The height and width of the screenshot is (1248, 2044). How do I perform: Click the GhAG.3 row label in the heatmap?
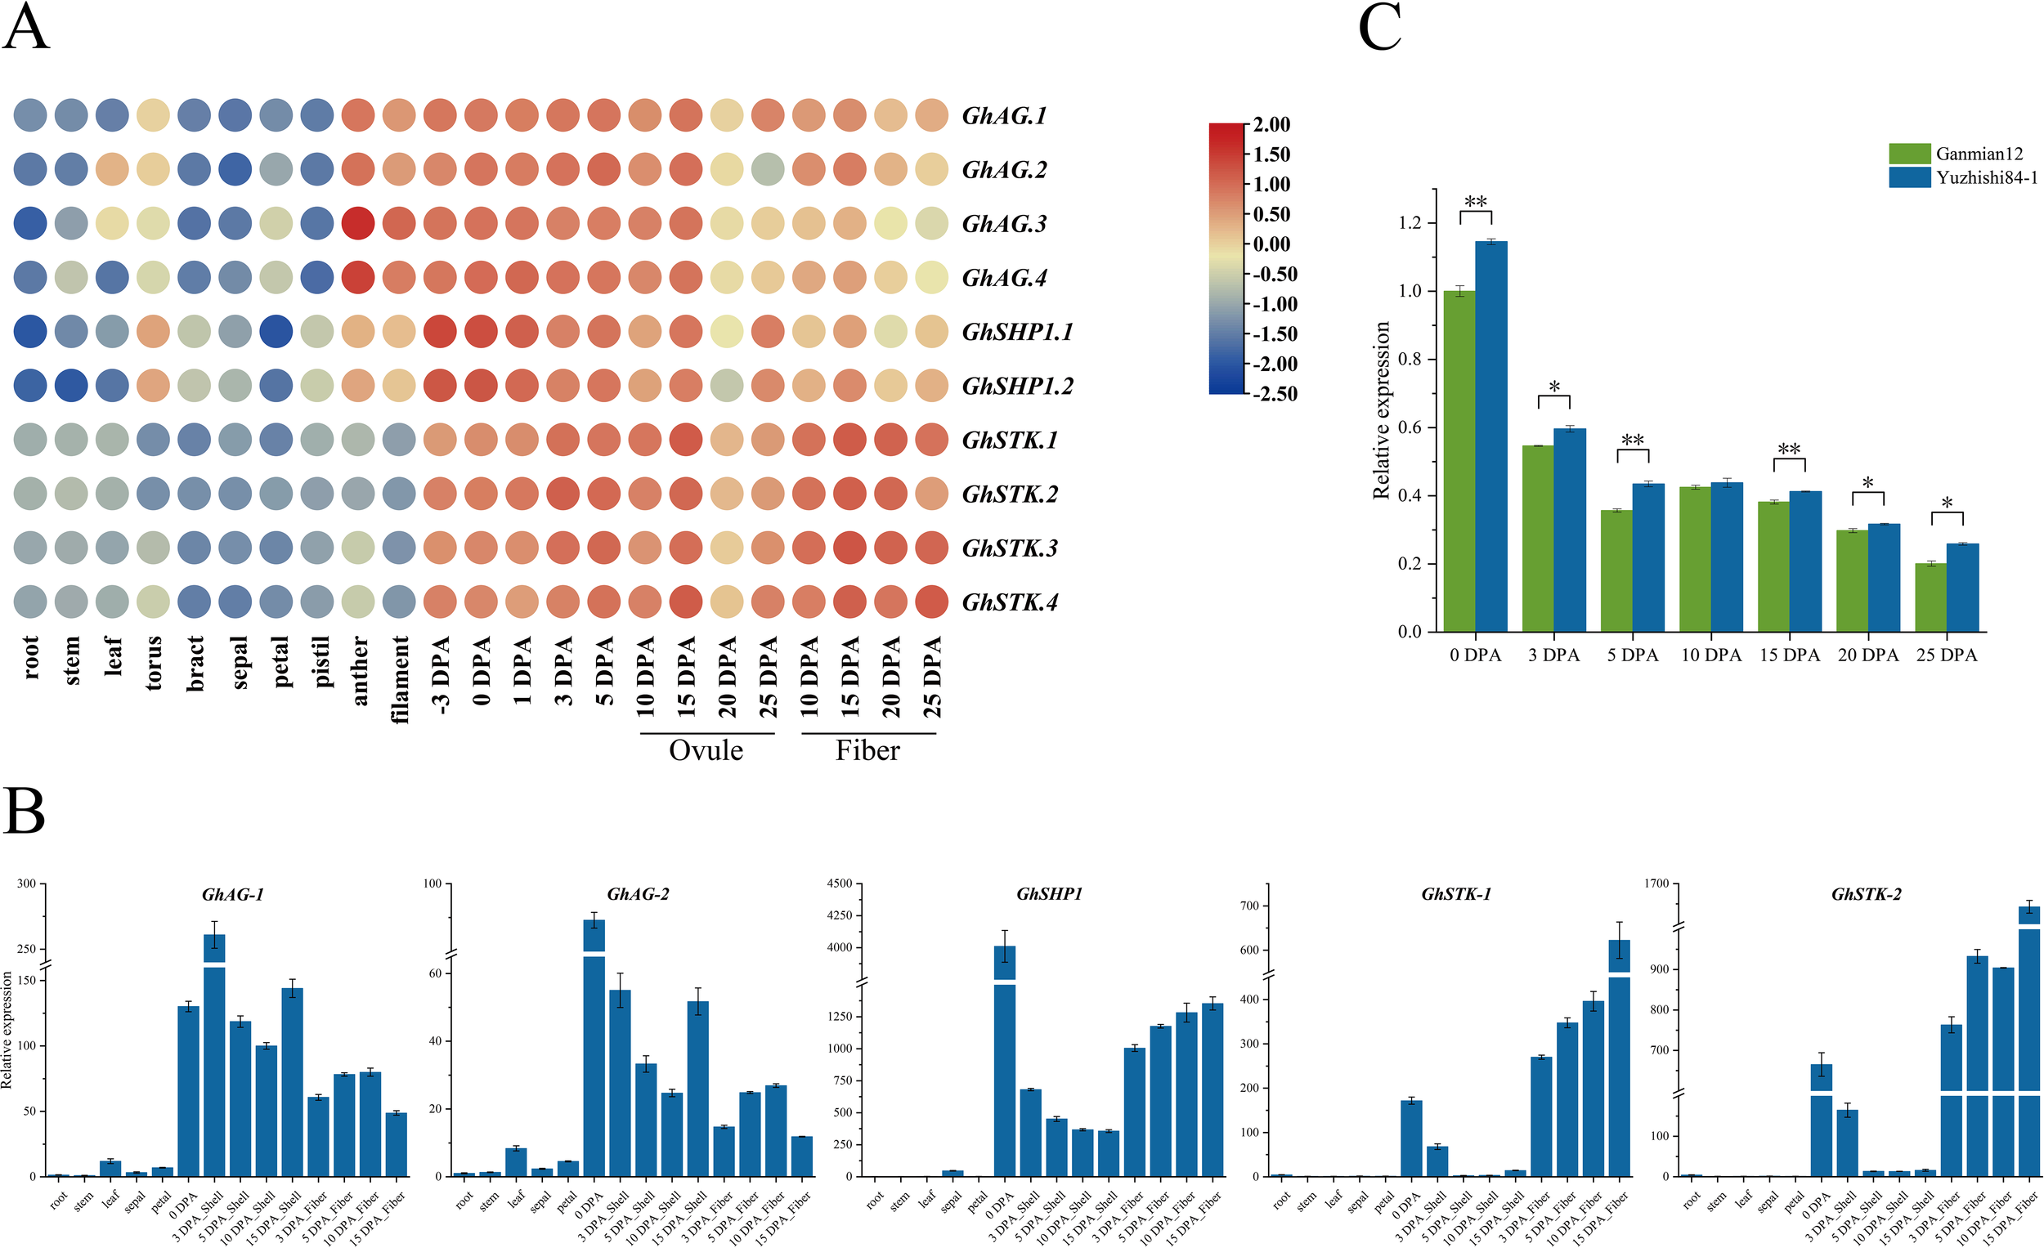pyautogui.click(x=1004, y=224)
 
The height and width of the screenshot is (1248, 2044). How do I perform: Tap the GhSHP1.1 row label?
pyautogui.click(x=1017, y=333)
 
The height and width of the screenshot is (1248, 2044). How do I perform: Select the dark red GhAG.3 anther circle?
pyautogui.click(x=357, y=224)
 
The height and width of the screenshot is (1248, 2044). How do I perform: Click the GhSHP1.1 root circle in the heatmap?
pyautogui.click(x=30, y=332)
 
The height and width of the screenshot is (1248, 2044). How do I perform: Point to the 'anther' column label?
pyautogui.click(x=360, y=670)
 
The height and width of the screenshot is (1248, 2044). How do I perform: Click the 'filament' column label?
pyautogui.click(x=401, y=679)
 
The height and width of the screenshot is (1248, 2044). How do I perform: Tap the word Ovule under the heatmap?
pyautogui.click(x=706, y=750)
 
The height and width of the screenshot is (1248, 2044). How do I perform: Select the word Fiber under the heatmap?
pyautogui.click(x=867, y=750)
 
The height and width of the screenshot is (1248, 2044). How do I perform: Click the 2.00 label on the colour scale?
pyautogui.click(x=1271, y=124)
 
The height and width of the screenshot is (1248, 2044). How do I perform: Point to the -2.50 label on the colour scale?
pyautogui.click(x=1274, y=394)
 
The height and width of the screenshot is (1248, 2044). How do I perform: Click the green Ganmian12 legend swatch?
pyautogui.click(x=1910, y=154)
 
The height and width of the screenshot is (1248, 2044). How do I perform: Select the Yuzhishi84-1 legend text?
pyautogui.click(x=1987, y=177)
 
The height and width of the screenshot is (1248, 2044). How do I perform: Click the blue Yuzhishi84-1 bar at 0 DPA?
pyautogui.click(x=1491, y=436)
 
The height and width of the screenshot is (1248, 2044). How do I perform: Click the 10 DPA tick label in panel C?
pyautogui.click(x=1710, y=655)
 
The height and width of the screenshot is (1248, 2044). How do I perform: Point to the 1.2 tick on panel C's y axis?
pyautogui.click(x=1410, y=223)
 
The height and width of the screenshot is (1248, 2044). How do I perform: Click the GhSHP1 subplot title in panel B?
pyautogui.click(x=1049, y=894)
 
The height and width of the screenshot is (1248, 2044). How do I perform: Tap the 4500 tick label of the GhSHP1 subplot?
pyautogui.click(x=840, y=884)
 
